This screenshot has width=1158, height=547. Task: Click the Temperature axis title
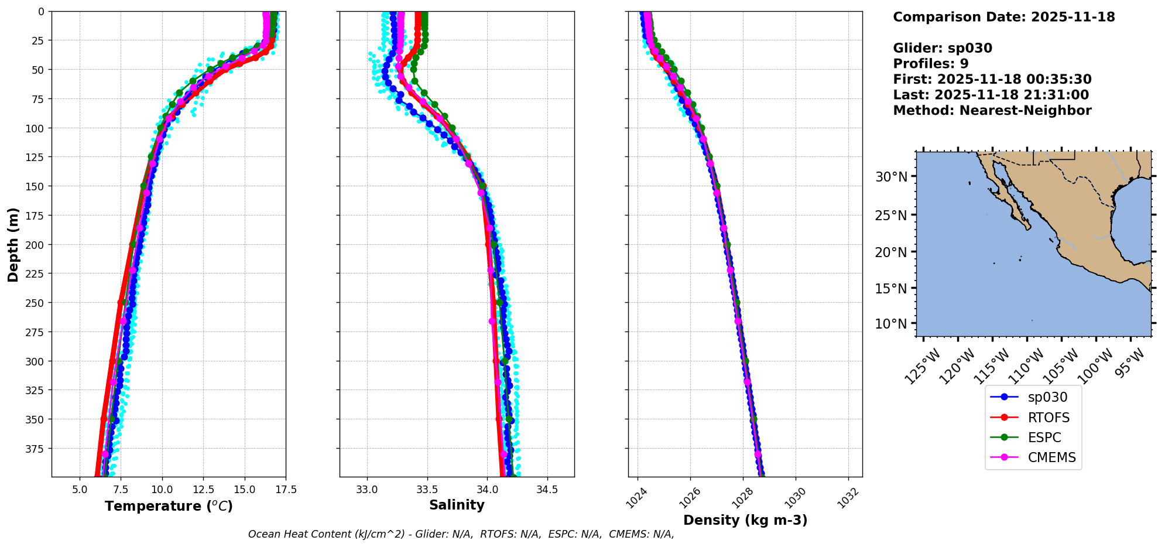[x=169, y=506]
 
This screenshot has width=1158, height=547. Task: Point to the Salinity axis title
[x=457, y=505]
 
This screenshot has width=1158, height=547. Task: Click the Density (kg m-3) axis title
[x=745, y=520]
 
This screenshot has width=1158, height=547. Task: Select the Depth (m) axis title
[x=13, y=244]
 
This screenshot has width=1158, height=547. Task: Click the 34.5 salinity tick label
[x=547, y=490]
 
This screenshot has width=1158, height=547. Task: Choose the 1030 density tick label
[x=795, y=498]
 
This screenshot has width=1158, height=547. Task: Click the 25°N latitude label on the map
[x=890, y=216]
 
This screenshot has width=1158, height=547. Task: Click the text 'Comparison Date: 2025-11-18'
[x=1003, y=17]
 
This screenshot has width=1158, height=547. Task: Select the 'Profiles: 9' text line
[x=930, y=64]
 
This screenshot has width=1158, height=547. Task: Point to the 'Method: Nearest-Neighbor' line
[x=992, y=111]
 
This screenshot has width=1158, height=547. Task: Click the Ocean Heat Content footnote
[x=461, y=534]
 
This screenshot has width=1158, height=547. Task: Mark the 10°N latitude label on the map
[x=890, y=324]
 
